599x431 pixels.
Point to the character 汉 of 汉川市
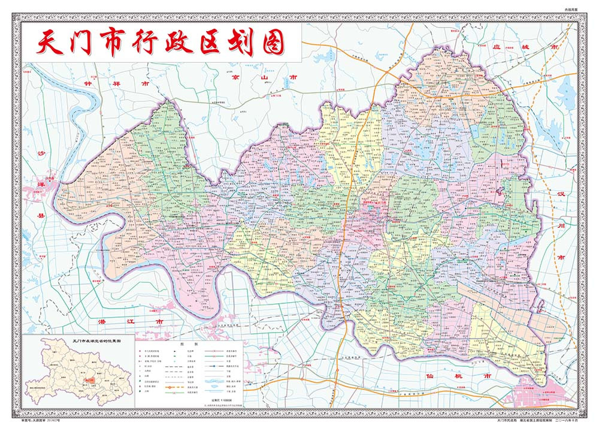coord(561,195)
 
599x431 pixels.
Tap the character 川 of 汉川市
coord(561,227)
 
